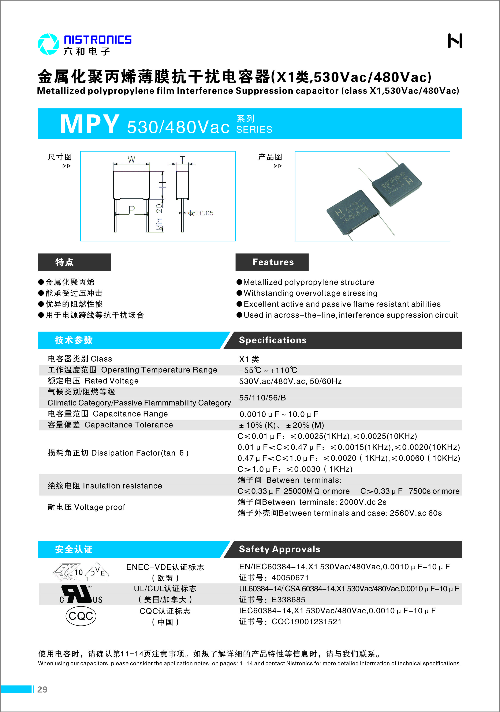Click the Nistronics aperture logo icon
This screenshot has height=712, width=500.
coord(48,44)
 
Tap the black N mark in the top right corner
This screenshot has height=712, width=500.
coord(455,41)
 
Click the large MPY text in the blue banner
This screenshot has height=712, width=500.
coord(89,124)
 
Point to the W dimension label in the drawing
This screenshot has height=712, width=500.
coord(131,159)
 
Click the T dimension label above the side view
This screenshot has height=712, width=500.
coord(182,159)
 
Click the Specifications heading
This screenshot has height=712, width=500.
coord(273,340)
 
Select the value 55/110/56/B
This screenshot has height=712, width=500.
coord(262,398)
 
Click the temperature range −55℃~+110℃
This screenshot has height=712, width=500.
coord(268,370)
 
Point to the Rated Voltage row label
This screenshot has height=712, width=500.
coord(93,381)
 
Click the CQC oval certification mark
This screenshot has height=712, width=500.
coord(81,616)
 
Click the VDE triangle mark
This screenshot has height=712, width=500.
coord(97,572)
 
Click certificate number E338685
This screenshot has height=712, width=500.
coord(288,599)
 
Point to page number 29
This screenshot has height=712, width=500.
coord(42,689)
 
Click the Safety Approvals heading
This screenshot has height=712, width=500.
coord(279,549)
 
